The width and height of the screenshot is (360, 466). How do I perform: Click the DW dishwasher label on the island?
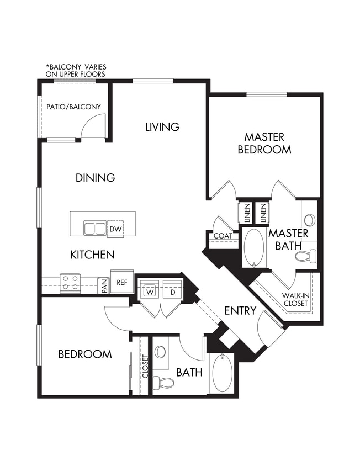115,229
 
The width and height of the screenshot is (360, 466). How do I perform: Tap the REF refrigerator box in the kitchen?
122,282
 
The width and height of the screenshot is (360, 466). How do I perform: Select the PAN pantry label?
103,285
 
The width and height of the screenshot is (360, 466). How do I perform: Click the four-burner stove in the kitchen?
70,283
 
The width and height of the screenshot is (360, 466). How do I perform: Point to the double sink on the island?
94,228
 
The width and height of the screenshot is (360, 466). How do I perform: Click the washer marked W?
149,292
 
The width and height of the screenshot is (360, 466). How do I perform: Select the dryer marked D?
172,292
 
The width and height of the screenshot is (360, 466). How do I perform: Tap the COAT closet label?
223,236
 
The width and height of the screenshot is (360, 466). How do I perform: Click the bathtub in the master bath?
254,247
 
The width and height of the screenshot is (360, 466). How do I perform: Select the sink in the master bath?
309,220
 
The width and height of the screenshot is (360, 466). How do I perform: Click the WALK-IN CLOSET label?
295,299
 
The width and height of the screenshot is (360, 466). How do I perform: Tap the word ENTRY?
240,311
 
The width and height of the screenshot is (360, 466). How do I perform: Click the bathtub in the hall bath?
222,373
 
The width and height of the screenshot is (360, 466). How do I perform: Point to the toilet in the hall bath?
163,382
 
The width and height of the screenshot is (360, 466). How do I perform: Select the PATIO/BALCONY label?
73,107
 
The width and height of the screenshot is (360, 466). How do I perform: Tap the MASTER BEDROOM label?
264,143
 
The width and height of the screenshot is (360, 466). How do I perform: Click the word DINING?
96,178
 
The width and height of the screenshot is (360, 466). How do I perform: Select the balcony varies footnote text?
76,70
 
